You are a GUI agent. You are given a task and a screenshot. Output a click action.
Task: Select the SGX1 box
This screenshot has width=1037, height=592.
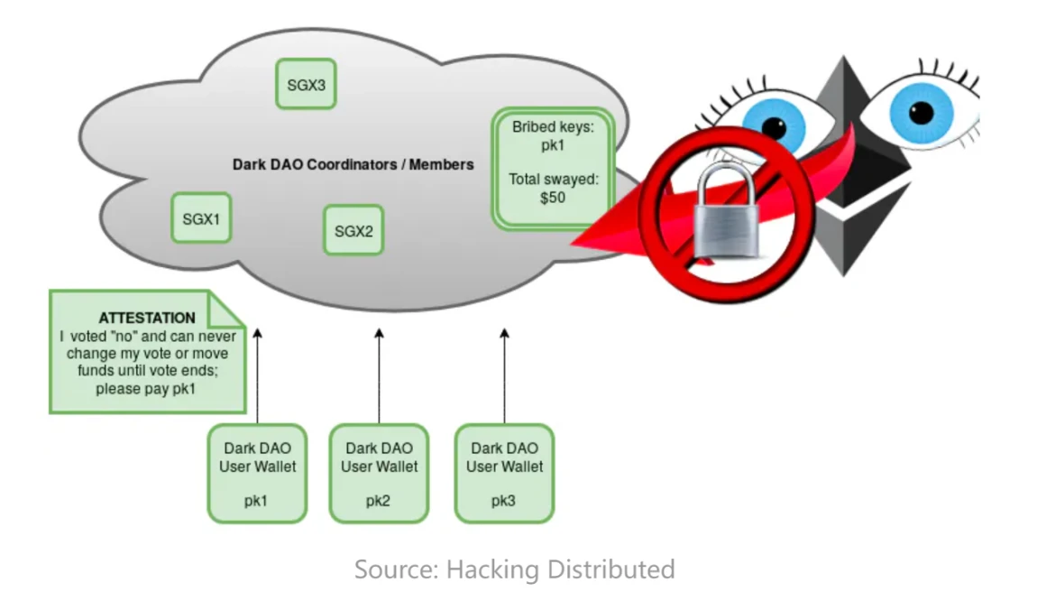[201, 217]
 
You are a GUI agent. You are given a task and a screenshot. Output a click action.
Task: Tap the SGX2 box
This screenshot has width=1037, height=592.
[353, 230]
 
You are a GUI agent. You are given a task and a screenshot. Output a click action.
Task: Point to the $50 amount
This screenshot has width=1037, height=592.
[552, 197]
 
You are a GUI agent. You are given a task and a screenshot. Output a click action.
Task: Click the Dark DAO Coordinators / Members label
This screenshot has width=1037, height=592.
[353, 165]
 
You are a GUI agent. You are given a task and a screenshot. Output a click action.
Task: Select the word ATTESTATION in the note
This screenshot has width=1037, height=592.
[147, 318]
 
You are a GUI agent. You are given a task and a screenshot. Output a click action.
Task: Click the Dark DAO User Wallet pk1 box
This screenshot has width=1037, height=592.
[257, 473]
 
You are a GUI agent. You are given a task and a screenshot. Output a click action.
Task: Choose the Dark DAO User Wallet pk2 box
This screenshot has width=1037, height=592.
[379, 473]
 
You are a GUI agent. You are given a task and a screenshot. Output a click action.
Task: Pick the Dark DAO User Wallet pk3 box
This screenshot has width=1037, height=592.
[504, 473]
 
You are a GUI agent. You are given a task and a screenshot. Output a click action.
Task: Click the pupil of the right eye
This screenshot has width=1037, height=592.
[922, 113]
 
